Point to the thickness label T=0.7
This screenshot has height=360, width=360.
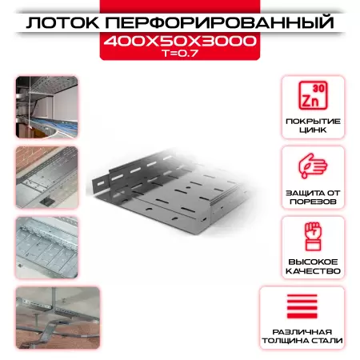click(x=179, y=54)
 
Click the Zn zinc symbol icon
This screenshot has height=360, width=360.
click(x=313, y=99)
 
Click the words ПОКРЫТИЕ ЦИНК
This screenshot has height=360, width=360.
click(x=313, y=127)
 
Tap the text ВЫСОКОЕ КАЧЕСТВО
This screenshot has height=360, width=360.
click(x=313, y=267)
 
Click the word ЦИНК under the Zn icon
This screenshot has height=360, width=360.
click(x=313, y=133)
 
